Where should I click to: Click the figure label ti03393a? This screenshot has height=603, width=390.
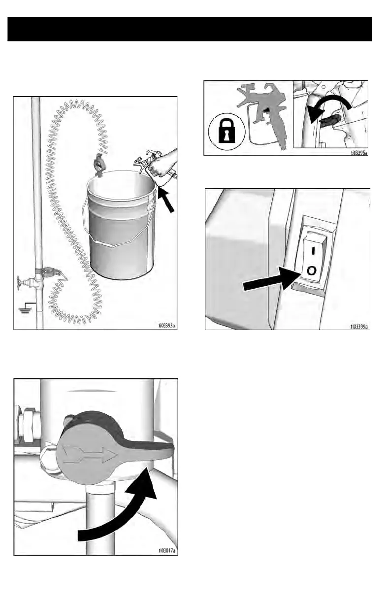[166, 326]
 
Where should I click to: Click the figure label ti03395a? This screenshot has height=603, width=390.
[359, 153]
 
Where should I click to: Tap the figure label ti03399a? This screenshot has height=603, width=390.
[359, 327]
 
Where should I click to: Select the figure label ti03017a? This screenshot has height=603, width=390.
[166, 550]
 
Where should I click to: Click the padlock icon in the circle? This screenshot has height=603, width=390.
[227, 131]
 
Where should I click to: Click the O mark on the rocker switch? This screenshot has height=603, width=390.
[311, 270]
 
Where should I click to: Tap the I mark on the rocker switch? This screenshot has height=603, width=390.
[313, 251]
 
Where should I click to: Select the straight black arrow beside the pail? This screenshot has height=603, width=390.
[165, 201]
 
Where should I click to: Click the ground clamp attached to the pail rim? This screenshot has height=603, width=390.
[98, 166]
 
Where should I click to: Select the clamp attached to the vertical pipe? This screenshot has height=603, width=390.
[49, 273]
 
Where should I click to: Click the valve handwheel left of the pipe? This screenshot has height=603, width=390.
[19, 283]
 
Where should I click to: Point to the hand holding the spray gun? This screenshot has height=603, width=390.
[164, 163]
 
